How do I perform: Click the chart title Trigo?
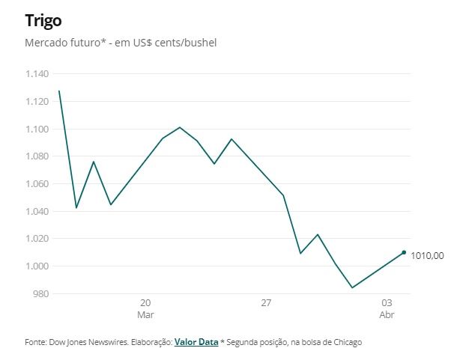pos(43,19)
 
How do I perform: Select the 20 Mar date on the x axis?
pos(145,309)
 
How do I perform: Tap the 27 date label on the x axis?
pos(266,303)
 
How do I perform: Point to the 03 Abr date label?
pos(387,309)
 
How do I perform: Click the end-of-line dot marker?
pos(405,252)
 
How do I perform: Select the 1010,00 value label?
pos(427,256)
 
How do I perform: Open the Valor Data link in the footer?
pos(196,342)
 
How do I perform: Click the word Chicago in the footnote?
pos(345,342)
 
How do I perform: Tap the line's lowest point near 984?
pos(352,287)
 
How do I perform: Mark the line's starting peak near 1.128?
pos(58,91)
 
